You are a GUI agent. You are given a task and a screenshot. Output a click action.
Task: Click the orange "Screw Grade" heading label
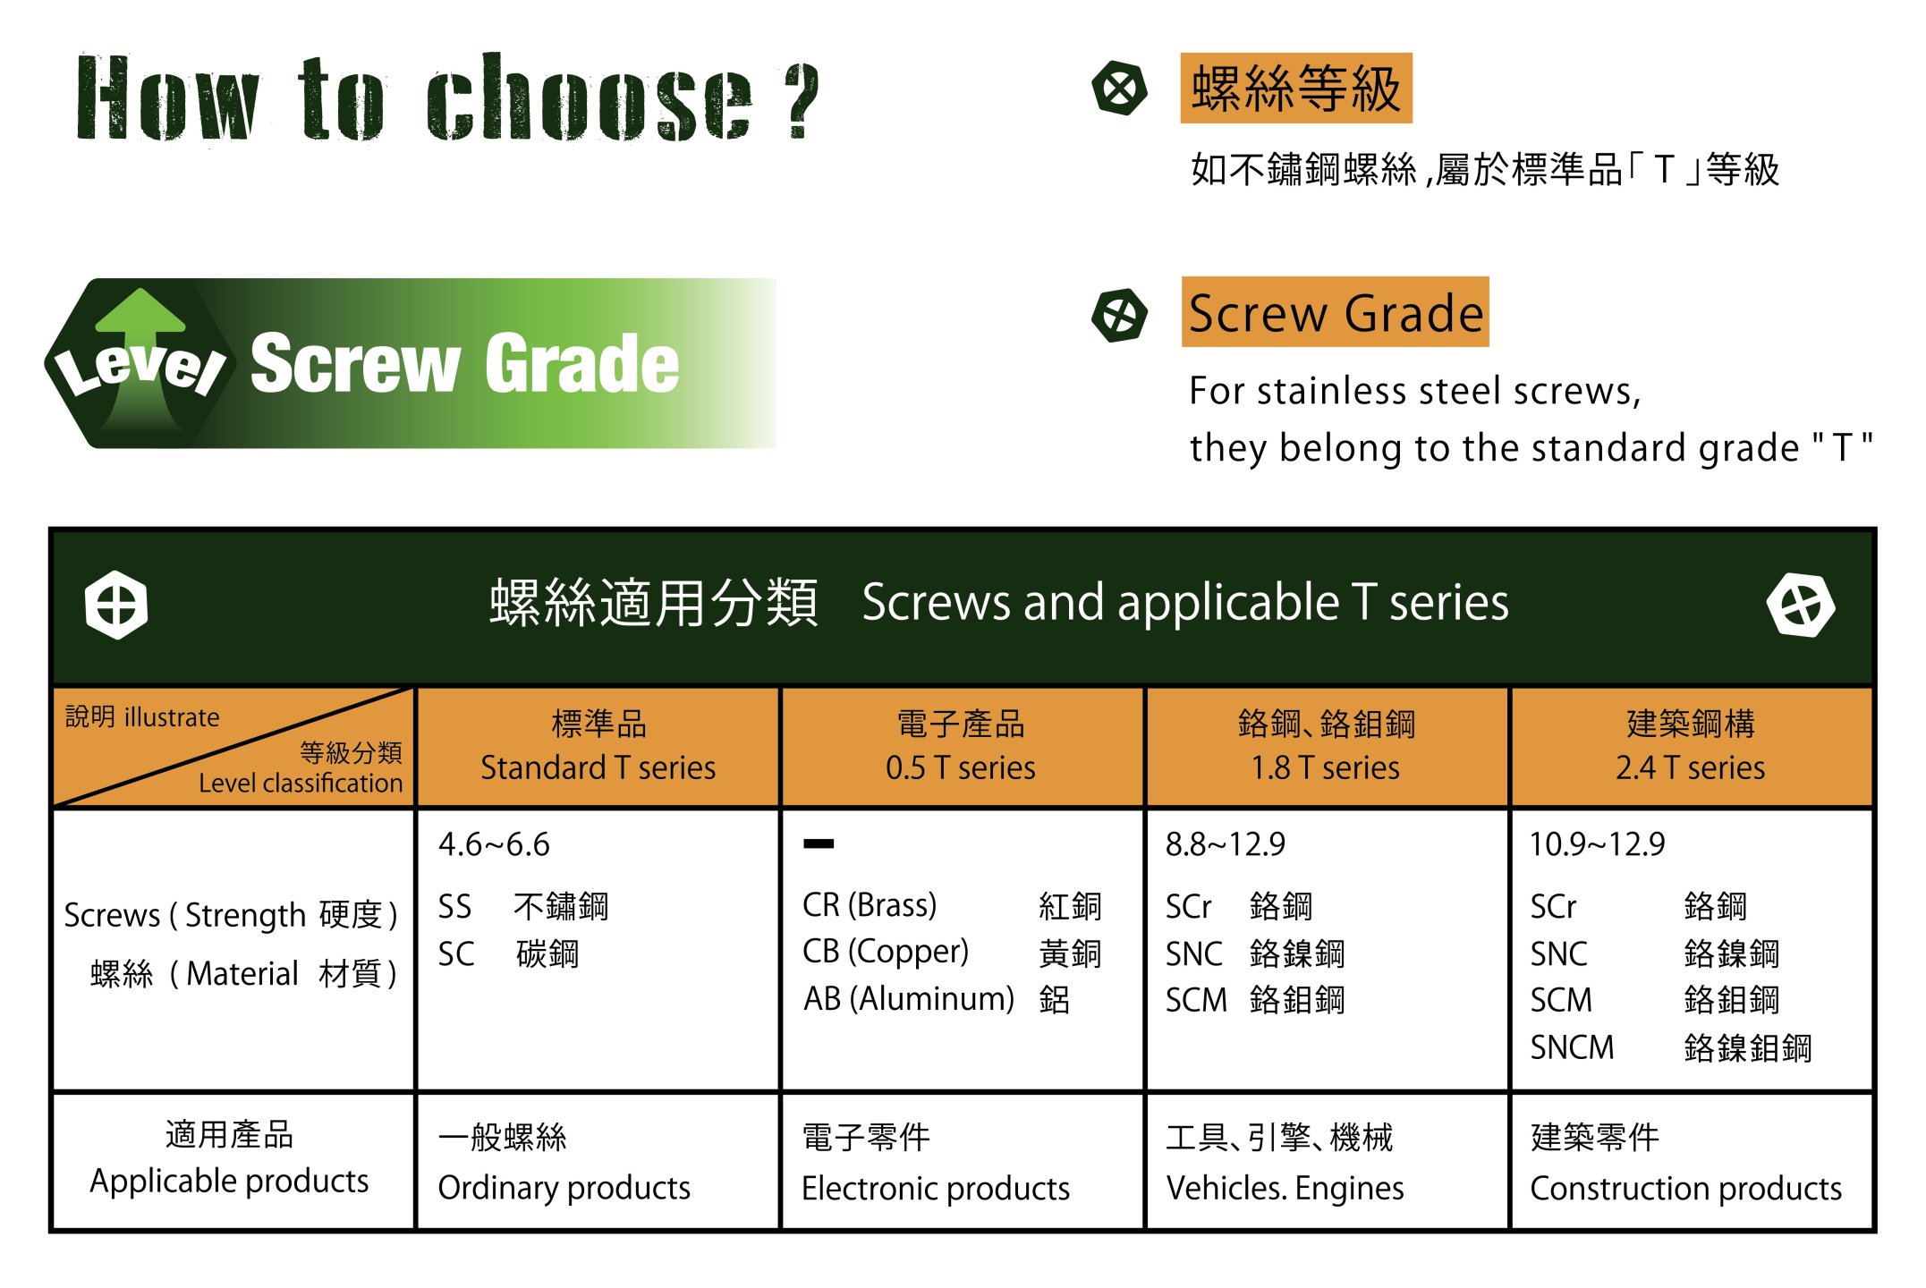point(1335,312)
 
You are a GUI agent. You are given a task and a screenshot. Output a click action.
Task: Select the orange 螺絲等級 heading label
point(1296,88)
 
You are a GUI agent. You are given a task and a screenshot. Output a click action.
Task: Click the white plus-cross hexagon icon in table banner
point(116,604)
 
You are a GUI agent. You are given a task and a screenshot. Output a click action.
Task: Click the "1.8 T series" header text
point(1325,767)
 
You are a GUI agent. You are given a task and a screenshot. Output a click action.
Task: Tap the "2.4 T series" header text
point(1690,767)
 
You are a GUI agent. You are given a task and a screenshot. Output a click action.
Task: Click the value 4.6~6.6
point(494,844)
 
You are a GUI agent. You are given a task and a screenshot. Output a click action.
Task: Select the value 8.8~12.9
point(1225,844)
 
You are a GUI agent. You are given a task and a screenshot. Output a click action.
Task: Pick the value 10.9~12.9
point(1597,844)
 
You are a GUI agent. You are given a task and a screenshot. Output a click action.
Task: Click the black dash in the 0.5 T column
point(819,843)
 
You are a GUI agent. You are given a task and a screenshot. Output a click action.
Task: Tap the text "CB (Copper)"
point(886,952)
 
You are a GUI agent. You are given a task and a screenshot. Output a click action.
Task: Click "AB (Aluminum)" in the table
point(909,999)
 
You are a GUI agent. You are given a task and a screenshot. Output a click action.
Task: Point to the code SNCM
point(1572,1047)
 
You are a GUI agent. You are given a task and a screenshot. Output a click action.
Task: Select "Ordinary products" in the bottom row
point(564,1188)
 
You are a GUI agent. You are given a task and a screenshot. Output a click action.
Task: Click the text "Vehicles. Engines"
point(1285,1188)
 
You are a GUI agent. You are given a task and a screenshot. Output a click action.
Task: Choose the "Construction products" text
point(1685,1188)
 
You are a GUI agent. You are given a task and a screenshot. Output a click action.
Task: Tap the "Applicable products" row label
point(229,1182)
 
